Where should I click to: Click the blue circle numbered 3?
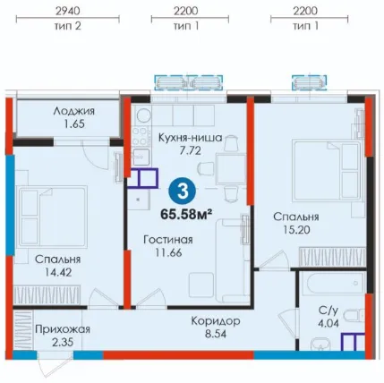click(183, 191)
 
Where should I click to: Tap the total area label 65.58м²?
click(186, 214)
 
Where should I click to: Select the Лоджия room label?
click(74, 112)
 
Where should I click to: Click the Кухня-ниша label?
click(190, 138)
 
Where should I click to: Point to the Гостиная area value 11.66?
click(168, 252)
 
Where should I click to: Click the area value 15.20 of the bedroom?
click(296, 230)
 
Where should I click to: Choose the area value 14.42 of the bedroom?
click(57, 272)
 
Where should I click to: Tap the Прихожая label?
click(63, 329)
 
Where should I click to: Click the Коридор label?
click(216, 321)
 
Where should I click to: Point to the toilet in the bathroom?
click(354, 316)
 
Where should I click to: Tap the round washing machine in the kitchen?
click(142, 115)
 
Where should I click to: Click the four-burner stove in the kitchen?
click(141, 136)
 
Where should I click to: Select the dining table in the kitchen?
click(231, 168)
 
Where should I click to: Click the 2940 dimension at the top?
click(68, 11)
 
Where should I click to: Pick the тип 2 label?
click(68, 26)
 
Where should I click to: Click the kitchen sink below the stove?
click(141, 157)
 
